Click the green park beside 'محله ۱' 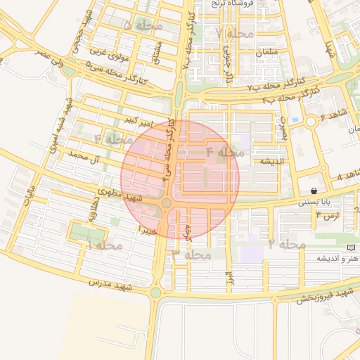pos(88,232)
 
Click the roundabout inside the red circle pos(167,204)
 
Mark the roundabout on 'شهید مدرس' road pos(156,292)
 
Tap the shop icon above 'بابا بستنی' pos(313,191)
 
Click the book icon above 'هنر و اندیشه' pos(351,248)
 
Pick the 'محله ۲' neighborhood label pos(286,244)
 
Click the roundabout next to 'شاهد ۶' pos(310,122)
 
